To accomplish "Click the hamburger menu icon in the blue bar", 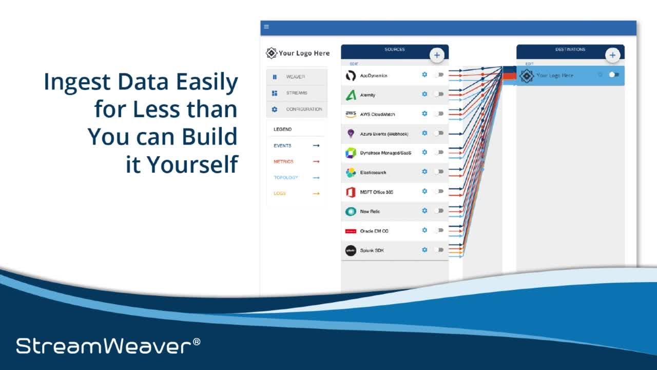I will [x=266, y=27].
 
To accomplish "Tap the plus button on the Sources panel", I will [x=437, y=55].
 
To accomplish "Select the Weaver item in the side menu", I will [x=296, y=77].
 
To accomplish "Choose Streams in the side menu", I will [x=297, y=93].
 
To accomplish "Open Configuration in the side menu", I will [x=304, y=109].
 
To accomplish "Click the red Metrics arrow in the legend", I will [x=316, y=162].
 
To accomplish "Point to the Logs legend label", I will [x=280, y=194].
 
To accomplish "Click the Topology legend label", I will [x=286, y=178].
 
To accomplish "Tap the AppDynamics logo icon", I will [x=351, y=76].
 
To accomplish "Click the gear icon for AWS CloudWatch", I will [x=424, y=114].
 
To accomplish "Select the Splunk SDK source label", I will [x=372, y=251].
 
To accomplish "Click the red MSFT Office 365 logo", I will [x=351, y=192].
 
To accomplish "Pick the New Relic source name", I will [x=370, y=212].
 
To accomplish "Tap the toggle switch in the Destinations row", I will [x=613, y=75].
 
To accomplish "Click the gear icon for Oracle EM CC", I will [x=424, y=230].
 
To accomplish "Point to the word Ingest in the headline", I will [x=78, y=82].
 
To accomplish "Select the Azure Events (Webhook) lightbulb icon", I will [x=351, y=134].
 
